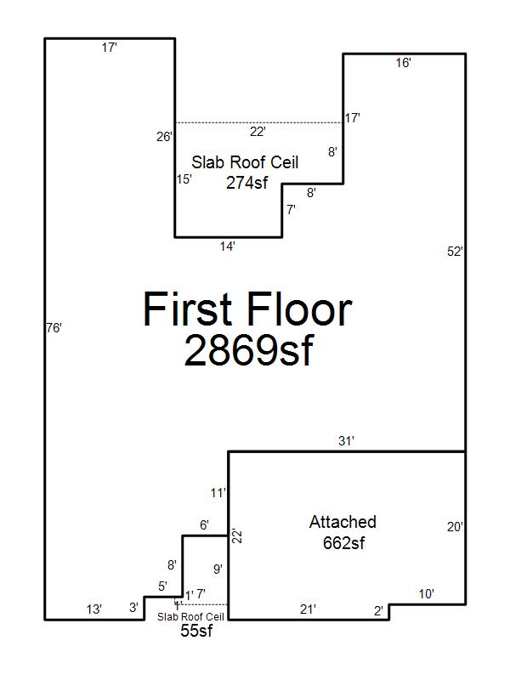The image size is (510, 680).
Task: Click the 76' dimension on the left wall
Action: [54, 328]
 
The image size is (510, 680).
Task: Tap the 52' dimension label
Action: [455, 252]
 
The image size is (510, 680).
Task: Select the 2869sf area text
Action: [248, 351]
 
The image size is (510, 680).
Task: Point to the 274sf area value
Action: [246, 183]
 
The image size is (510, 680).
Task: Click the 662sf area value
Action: [344, 543]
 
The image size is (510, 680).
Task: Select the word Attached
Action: [343, 522]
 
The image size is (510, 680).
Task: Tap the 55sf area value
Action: [196, 631]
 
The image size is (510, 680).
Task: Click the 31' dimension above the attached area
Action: [346, 441]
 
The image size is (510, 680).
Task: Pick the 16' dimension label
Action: [403, 63]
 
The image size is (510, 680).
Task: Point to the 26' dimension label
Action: [164, 137]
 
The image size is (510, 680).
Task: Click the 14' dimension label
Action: [227, 246]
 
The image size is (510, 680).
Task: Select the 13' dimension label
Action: [93, 609]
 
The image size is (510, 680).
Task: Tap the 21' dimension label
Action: [308, 609]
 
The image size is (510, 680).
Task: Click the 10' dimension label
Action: [427, 593]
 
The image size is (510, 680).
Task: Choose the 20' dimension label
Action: [455, 527]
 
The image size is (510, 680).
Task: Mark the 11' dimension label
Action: [218, 493]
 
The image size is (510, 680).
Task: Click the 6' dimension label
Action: [204, 525]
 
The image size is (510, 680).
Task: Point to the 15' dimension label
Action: [184, 179]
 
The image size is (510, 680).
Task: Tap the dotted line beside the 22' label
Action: [259, 122]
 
